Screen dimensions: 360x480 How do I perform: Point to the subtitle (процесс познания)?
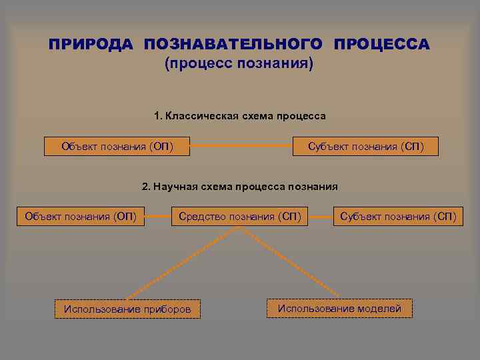click(x=239, y=65)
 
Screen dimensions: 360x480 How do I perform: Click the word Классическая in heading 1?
click(x=199, y=116)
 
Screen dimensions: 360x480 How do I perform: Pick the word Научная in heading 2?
click(x=175, y=186)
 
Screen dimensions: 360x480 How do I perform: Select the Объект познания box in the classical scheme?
click(x=117, y=146)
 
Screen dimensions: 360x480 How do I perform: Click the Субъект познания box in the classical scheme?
click(x=365, y=146)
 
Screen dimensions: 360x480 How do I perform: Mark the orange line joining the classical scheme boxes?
click(x=241, y=146)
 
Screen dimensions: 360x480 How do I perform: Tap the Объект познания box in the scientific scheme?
click(x=80, y=216)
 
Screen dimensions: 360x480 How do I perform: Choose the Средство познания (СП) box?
click(x=239, y=216)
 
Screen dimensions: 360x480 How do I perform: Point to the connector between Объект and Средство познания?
click(x=157, y=216)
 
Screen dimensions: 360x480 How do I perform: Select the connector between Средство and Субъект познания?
click(x=321, y=216)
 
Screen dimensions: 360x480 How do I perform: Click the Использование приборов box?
click(x=127, y=309)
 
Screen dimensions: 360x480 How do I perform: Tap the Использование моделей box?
click(x=339, y=308)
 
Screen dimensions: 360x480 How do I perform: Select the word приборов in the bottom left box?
click(x=166, y=309)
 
